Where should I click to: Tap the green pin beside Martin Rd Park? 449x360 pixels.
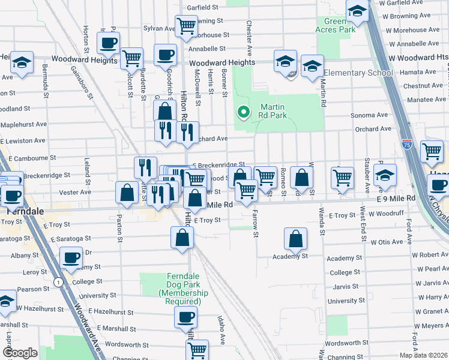[244, 112]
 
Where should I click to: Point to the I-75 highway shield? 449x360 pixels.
[406, 144]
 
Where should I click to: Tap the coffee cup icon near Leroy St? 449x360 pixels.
[71, 258]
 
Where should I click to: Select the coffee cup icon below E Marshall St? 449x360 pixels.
[185, 317]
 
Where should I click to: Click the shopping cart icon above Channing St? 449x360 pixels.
[197, 350]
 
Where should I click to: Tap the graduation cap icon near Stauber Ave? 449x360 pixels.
[385, 175]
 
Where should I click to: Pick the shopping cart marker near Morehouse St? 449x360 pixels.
[187, 26]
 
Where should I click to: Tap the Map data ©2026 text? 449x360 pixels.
[423, 355]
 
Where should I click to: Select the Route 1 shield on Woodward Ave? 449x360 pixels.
[58, 282]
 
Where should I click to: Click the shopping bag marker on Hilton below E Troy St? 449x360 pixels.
[182, 238]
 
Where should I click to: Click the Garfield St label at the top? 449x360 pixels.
[202, 7]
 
